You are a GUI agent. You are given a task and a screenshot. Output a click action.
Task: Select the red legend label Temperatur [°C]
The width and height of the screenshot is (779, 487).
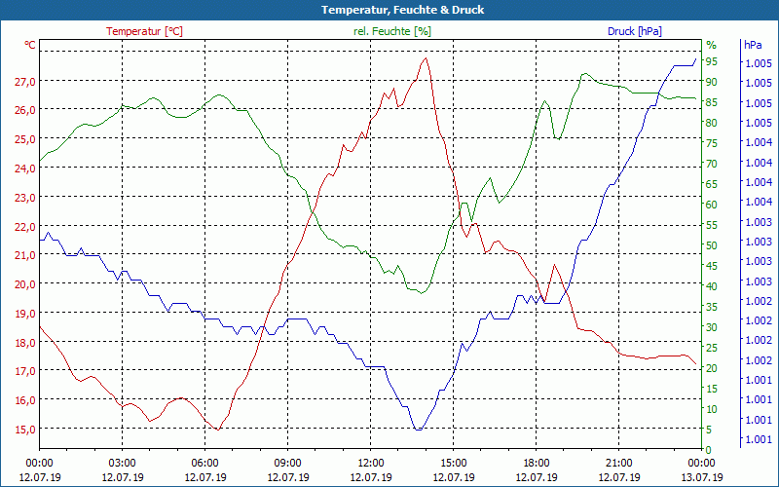[144, 31]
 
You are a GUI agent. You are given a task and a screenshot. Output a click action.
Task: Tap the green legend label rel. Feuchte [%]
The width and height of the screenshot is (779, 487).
[391, 31]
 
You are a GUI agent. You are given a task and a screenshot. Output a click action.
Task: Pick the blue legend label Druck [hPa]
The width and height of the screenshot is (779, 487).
[635, 31]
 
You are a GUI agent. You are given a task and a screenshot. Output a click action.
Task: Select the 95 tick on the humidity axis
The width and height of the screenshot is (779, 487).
[712, 61]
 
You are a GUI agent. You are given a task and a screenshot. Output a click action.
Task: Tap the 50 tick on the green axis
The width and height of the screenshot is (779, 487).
[712, 245]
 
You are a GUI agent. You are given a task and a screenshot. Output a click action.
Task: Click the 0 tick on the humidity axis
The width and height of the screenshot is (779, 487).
[709, 449]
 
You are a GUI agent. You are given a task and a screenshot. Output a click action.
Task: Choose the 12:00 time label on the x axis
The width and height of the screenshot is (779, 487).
[371, 463]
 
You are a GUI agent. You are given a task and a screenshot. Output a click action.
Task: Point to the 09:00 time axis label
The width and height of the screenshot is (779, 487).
[288, 463]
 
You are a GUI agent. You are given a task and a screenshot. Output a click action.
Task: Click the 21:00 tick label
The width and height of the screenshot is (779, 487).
[619, 463]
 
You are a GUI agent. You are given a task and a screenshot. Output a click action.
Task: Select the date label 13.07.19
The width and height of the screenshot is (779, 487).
[702, 477]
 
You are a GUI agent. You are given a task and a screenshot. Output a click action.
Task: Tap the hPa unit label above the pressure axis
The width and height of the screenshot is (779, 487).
[753, 45]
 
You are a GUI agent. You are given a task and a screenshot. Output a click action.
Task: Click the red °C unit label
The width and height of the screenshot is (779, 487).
[30, 45]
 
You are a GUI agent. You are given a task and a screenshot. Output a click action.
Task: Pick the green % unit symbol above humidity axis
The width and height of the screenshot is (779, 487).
[711, 45]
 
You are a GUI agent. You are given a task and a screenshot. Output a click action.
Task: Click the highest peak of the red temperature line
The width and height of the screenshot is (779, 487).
[426, 58]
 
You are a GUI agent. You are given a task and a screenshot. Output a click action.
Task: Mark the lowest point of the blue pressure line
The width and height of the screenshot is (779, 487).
[418, 430]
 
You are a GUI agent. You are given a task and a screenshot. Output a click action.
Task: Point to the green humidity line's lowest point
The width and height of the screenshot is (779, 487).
[423, 293]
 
